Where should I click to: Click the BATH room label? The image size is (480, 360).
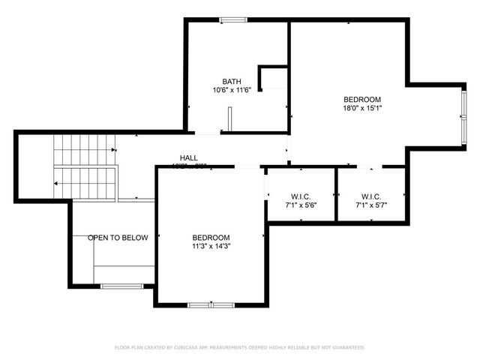(231, 82)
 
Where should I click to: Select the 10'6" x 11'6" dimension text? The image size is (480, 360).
(231, 91)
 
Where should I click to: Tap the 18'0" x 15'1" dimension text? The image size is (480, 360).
(362, 108)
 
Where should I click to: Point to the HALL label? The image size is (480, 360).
(188, 158)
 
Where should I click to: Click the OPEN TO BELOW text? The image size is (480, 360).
(118, 238)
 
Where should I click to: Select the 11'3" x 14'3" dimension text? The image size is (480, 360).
(211, 246)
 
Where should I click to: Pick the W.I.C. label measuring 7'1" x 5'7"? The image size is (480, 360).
(371, 195)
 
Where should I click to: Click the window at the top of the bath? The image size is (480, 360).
(232, 19)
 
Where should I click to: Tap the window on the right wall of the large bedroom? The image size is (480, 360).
(462, 116)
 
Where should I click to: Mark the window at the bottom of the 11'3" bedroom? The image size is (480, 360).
(211, 304)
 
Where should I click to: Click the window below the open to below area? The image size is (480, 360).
(121, 286)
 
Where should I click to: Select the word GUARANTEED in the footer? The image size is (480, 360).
(346, 348)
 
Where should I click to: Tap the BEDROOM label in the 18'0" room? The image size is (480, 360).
(362, 99)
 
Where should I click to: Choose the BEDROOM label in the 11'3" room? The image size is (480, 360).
(211, 237)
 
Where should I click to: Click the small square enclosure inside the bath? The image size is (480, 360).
(273, 78)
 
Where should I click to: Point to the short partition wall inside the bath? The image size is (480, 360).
(230, 120)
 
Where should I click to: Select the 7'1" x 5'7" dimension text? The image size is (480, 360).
(371, 204)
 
